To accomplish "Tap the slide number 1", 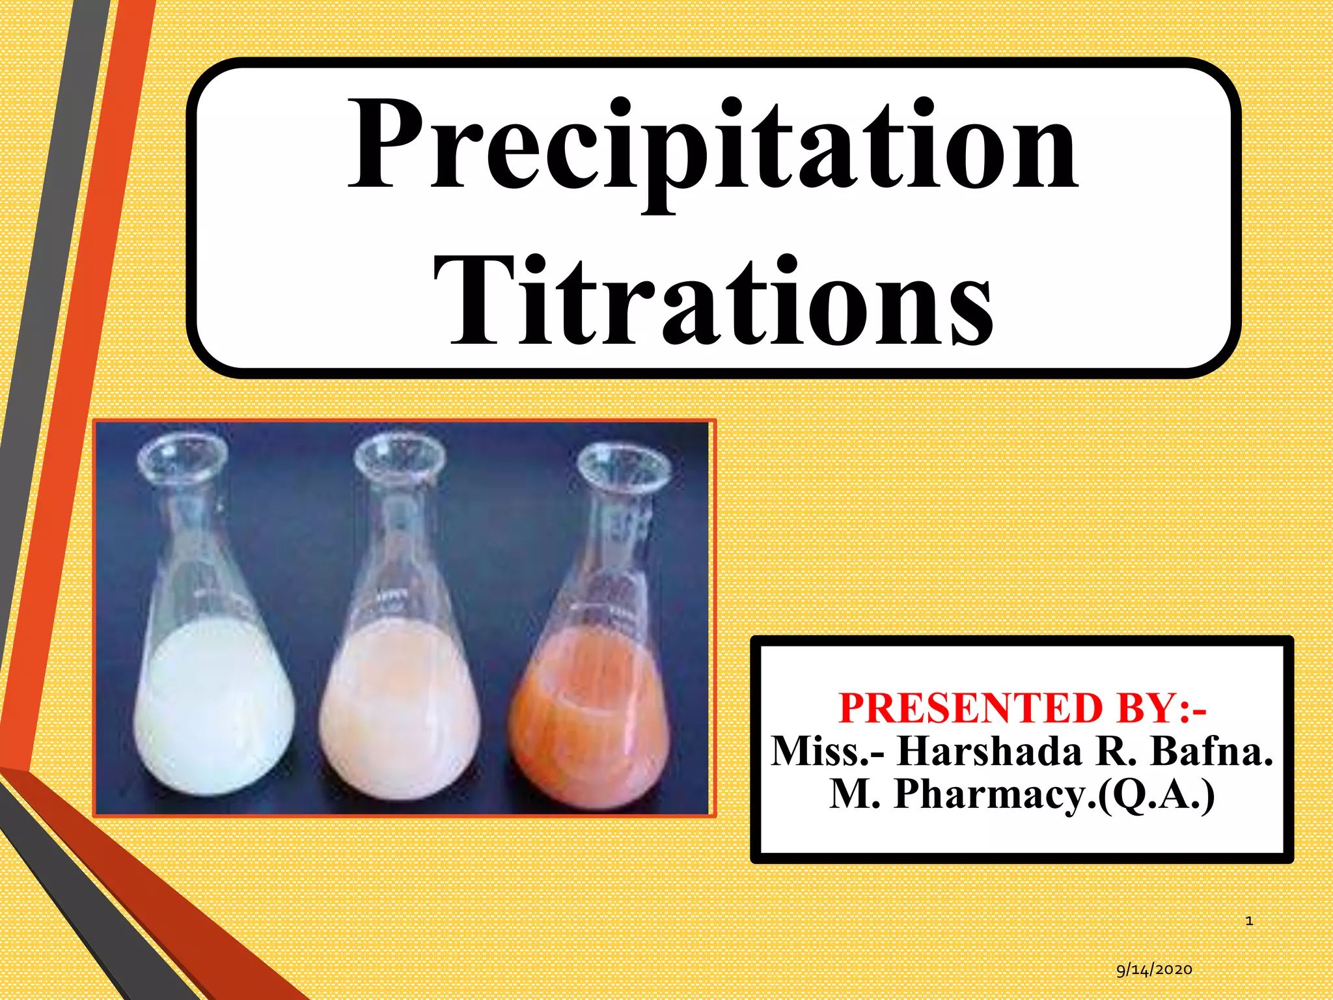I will (1249, 921).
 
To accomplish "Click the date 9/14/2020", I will (1154, 969).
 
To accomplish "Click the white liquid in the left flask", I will (215, 710).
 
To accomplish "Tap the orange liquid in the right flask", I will (589, 716).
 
